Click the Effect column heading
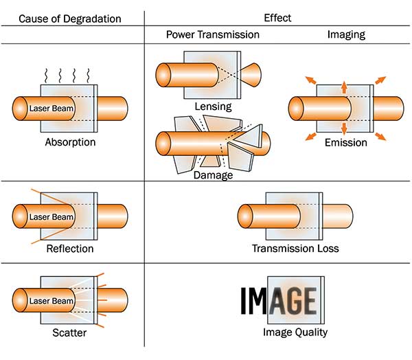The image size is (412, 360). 278,16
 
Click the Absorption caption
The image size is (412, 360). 69,143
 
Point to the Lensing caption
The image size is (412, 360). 212,106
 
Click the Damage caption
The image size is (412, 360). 212,175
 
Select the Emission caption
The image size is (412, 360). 347,143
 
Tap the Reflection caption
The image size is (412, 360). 69,248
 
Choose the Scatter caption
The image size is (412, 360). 69,333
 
